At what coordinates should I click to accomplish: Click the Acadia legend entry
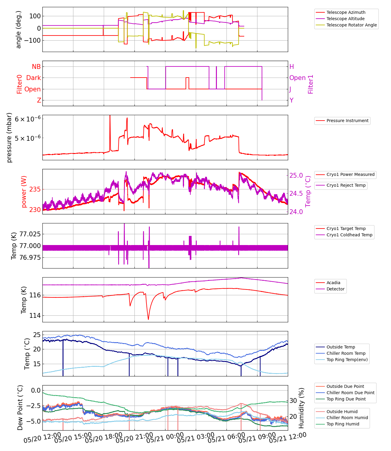coord(333,283)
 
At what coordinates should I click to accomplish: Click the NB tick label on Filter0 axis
coord(36,67)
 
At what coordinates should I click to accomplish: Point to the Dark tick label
coord(33,78)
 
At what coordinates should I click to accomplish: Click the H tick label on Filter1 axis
coord(291,67)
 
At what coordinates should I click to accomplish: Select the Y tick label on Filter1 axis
coord(291,100)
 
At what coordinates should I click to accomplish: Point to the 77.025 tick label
coord(30,234)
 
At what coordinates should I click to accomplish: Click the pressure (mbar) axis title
coord(9,137)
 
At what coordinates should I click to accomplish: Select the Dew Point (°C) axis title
coord(20,407)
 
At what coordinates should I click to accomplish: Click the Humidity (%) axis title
coord(301,408)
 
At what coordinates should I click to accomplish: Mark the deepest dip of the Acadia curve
coord(148,319)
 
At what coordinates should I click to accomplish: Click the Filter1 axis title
coord(310,84)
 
